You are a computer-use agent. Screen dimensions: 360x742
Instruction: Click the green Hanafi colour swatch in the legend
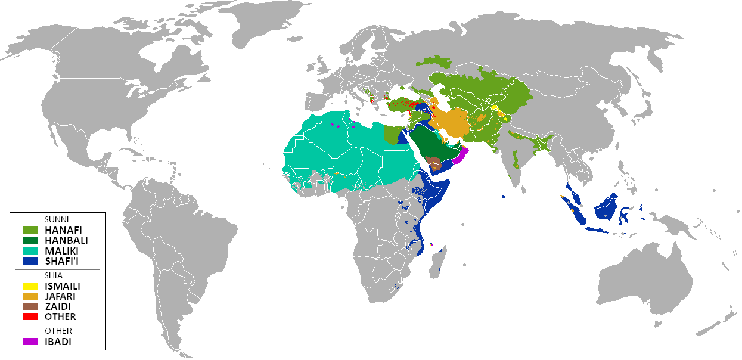30,229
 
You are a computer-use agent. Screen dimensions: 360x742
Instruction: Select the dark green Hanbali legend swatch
30,239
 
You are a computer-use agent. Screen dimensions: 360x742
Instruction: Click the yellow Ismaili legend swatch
30,286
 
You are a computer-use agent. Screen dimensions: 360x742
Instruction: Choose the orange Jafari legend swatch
30,296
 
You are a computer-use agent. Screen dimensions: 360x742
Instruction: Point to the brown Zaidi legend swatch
30,306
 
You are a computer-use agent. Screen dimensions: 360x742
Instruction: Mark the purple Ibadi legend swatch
30,342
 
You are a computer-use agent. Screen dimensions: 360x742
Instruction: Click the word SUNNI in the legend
56,219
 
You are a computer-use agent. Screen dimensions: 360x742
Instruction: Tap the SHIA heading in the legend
53,275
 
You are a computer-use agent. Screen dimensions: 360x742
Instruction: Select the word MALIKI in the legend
61,250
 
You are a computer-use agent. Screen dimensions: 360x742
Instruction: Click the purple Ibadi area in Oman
461,156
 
